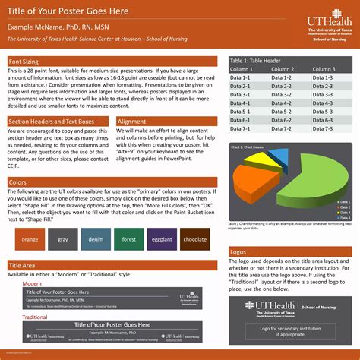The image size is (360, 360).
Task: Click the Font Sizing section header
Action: [25, 61]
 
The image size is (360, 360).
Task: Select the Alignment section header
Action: [132, 121]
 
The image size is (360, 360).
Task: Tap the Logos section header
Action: [238, 229]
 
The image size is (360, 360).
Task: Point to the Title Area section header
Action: [24, 243]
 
